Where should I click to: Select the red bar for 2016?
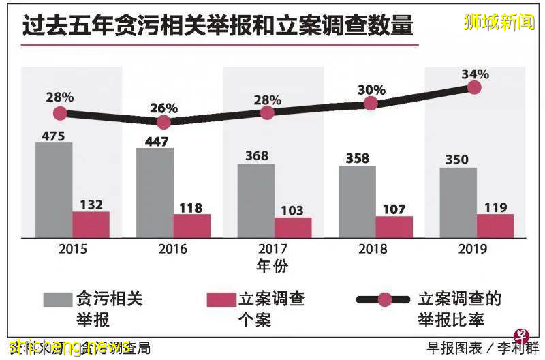click(192, 226)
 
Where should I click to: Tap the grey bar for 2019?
click(458, 202)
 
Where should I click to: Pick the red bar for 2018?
click(394, 227)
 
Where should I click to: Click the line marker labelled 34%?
click(474, 87)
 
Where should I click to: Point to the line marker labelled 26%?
click(163, 122)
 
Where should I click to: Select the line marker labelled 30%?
click(371, 104)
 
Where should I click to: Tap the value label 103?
click(292, 211)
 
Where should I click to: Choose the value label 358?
click(357, 158)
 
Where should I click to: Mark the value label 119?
click(495, 207)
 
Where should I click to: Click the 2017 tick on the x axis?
click(274, 249)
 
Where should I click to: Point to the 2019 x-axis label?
click(473, 249)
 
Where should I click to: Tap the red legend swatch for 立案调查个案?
click(221, 299)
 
